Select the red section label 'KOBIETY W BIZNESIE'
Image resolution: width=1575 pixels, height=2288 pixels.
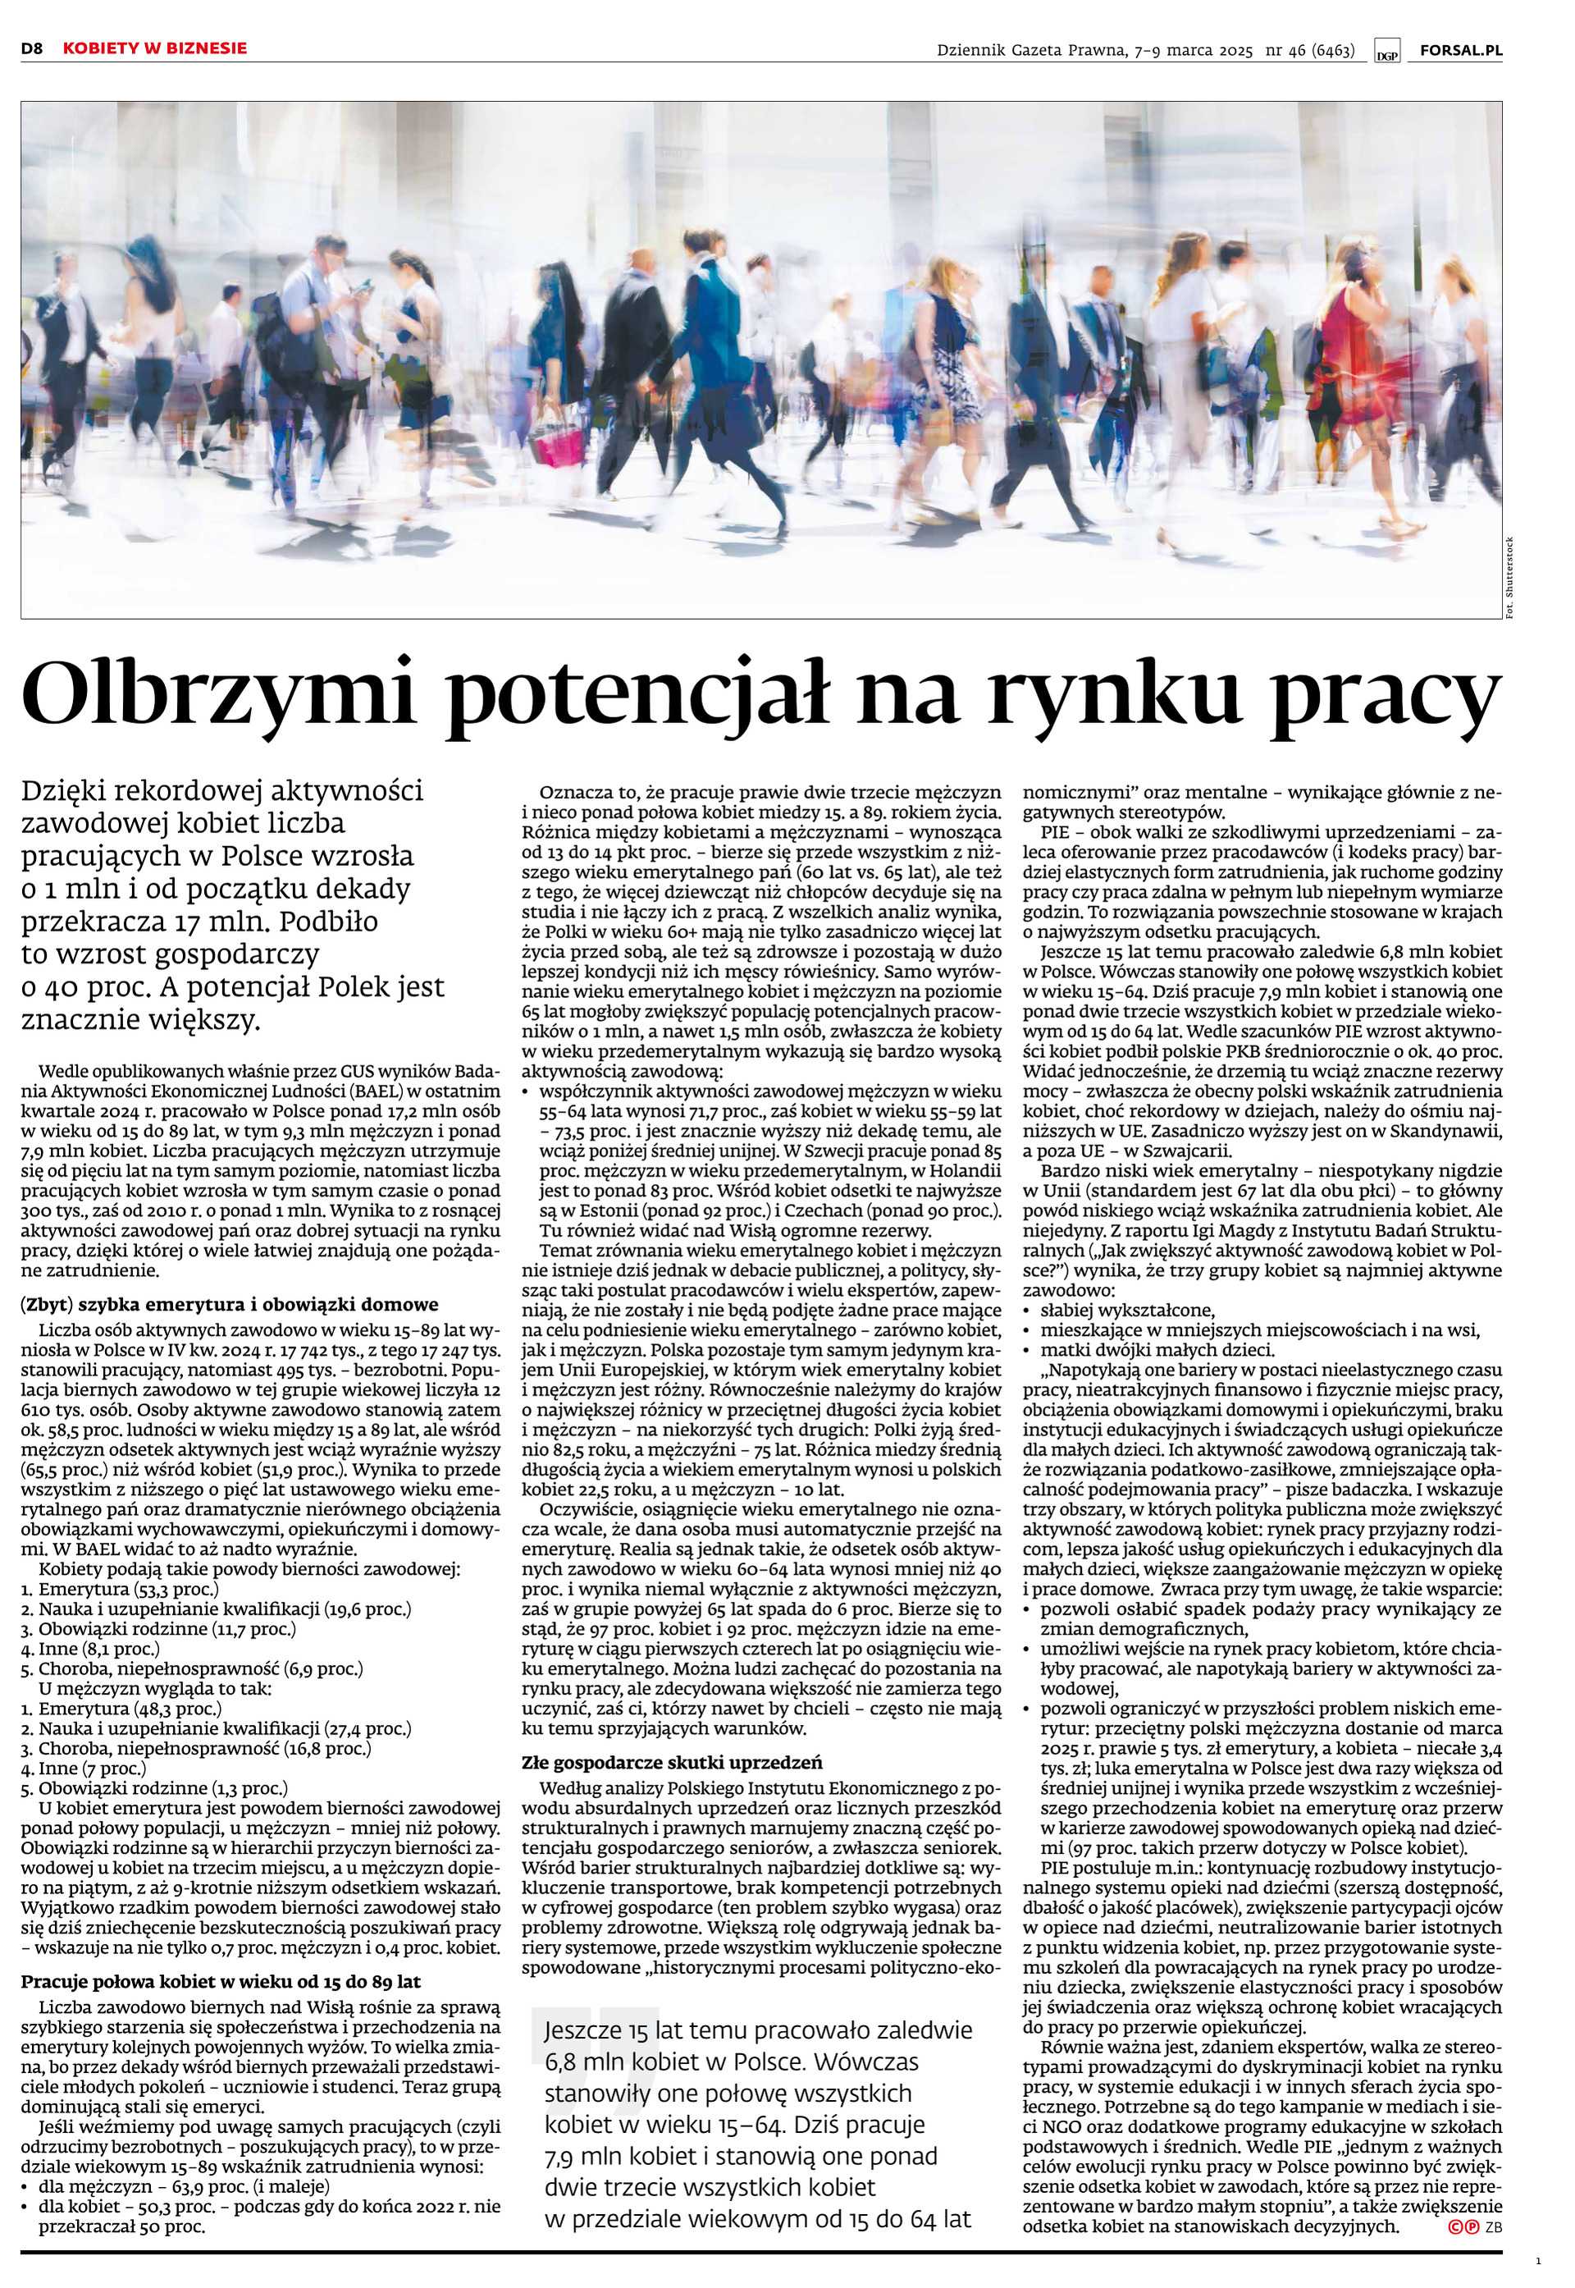click(x=155, y=48)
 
